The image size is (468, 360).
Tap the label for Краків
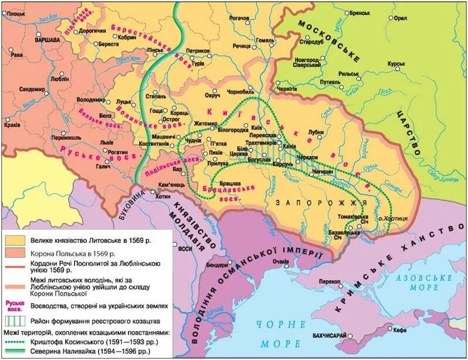point(11,125)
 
